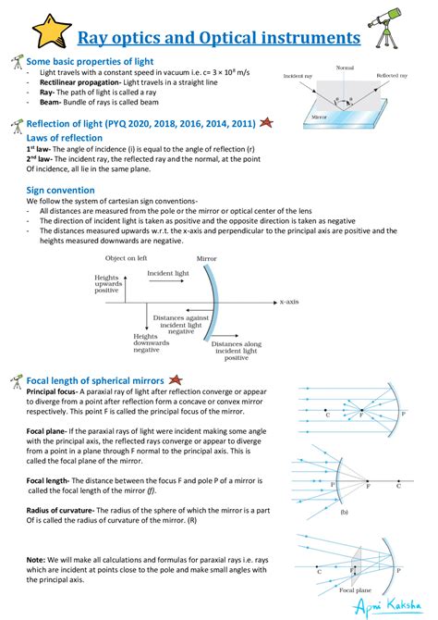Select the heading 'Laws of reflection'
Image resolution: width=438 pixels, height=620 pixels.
(x=65, y=137)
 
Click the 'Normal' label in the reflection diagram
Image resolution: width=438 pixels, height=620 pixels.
(x=345, y=68)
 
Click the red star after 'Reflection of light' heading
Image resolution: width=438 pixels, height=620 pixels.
(x=264, y=122)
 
